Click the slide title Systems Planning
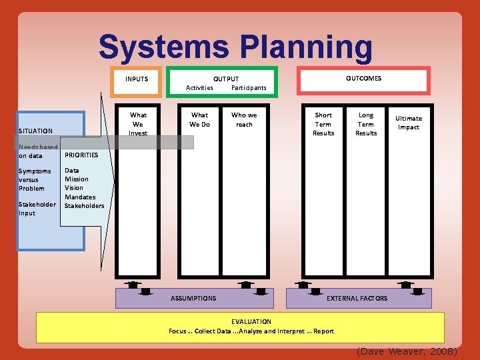235,47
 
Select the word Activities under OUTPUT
199,87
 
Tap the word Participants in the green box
249,87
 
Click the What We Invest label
138,124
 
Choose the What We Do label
199,119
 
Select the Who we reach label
244,119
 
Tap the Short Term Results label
323,124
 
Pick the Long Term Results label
366,124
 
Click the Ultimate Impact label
409,123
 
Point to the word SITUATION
36,131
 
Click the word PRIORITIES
81,155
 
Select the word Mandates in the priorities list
80,197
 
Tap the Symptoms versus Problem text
35,179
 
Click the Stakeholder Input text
37,209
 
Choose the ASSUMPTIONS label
193,298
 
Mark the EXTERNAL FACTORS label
357,298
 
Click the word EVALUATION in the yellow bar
251,321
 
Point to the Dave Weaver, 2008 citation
407,351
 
